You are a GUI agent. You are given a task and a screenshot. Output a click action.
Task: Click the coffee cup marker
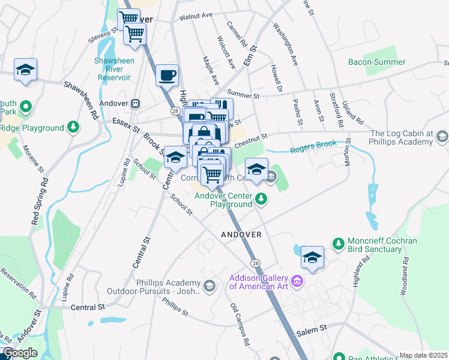167,76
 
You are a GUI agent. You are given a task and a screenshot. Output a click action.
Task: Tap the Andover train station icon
136,103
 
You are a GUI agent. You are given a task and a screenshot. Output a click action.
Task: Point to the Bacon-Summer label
377,62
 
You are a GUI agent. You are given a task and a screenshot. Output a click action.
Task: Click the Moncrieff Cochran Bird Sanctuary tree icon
338,242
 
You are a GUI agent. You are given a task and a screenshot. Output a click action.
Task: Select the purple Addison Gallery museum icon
297,281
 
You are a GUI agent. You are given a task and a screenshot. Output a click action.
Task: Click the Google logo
19,353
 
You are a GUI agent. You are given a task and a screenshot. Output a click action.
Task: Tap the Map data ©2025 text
423,355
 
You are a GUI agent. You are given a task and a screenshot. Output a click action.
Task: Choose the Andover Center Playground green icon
261,197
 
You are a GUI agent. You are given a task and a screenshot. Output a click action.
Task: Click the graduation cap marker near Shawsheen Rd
26,70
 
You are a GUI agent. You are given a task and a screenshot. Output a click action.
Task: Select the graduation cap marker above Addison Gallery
312,257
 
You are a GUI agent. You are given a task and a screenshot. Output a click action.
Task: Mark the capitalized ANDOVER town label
241,235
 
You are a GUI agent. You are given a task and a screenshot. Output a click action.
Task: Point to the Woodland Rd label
405,275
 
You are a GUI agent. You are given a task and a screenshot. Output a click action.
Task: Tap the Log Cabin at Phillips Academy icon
442,137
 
